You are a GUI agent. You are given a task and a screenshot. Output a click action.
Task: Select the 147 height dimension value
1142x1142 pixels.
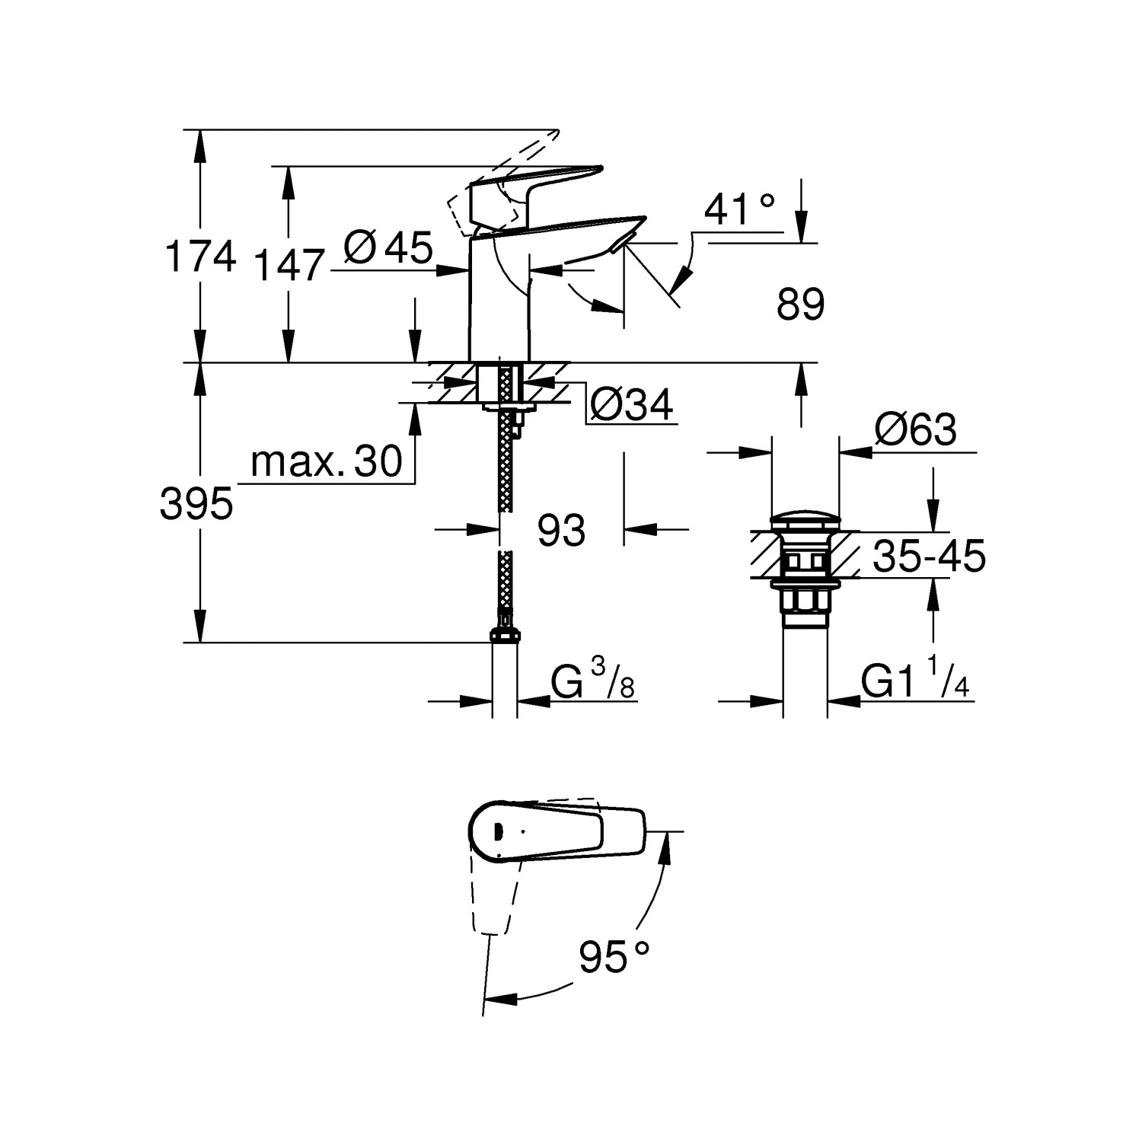289,266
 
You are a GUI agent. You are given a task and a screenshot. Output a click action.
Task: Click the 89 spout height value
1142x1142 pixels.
800,305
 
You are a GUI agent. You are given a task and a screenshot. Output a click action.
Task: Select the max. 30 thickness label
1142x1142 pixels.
327,461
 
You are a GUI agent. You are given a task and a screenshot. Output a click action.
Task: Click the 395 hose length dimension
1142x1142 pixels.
196,504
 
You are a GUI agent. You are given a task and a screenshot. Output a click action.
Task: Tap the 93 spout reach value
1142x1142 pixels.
561,531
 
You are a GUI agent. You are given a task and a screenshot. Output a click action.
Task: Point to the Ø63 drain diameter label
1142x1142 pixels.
915,431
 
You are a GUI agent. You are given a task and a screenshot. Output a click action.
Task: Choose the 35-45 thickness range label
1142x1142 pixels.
929,556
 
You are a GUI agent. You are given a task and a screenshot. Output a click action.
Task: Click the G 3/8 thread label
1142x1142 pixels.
592,682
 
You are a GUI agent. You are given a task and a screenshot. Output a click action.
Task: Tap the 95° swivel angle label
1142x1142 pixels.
614,957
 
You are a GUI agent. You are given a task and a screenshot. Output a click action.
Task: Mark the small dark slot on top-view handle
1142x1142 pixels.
498,831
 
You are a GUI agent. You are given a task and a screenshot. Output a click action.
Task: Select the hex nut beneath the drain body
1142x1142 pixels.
805,602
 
